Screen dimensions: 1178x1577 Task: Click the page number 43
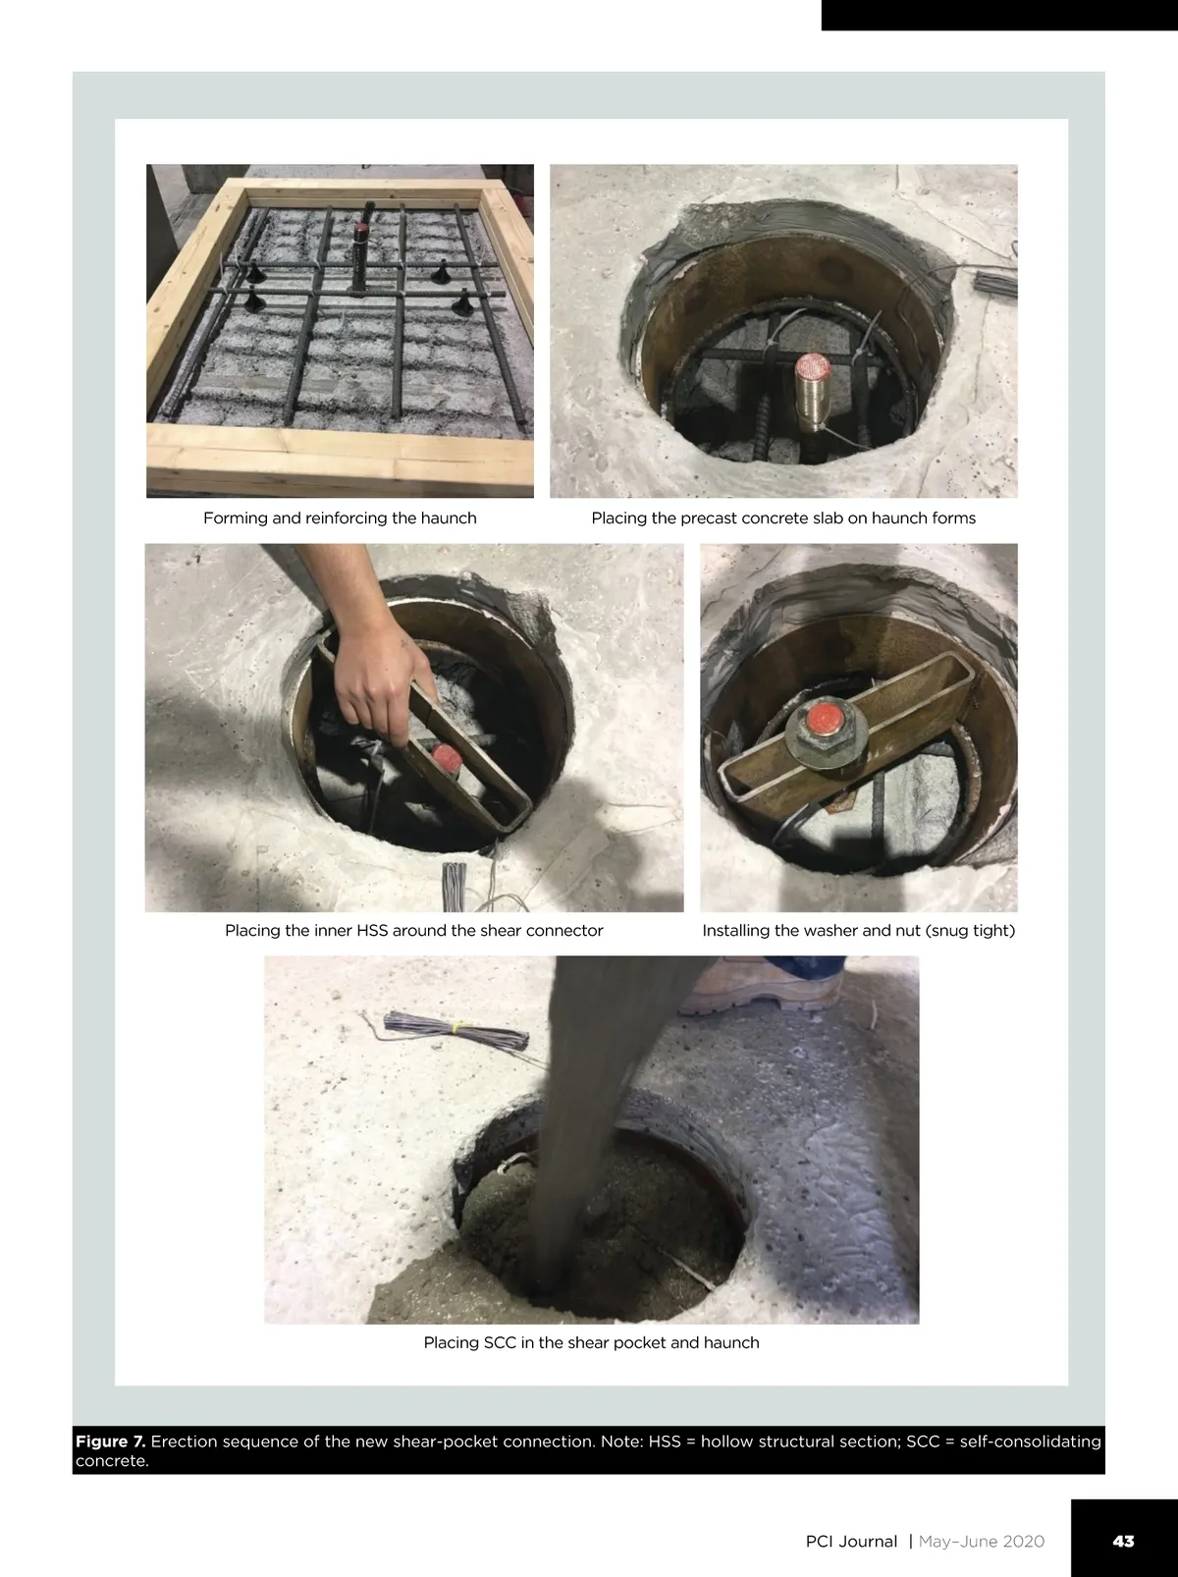(1123, 1541)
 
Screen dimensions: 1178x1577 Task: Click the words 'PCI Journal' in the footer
(851, 1541)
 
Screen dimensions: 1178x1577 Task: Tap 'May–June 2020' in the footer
(982, 1541)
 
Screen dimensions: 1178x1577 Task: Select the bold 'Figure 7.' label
(110, 1441)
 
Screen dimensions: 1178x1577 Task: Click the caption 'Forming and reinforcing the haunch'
(340, 518)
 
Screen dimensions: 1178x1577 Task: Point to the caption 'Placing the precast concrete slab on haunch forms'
(783, 518)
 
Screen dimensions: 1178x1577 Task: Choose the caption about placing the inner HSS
(413, 931)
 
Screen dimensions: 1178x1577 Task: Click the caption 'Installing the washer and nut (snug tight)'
(858, 931)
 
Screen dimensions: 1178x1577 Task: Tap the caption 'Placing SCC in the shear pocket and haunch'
(591, 1342)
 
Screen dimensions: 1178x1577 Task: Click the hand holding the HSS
(381, 676)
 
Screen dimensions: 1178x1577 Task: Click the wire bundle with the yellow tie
(456, 1032)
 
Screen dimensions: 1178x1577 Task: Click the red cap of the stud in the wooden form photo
(361, 230)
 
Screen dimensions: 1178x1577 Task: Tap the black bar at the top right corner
(1000, 15)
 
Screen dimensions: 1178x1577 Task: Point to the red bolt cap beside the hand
(446, 758)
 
